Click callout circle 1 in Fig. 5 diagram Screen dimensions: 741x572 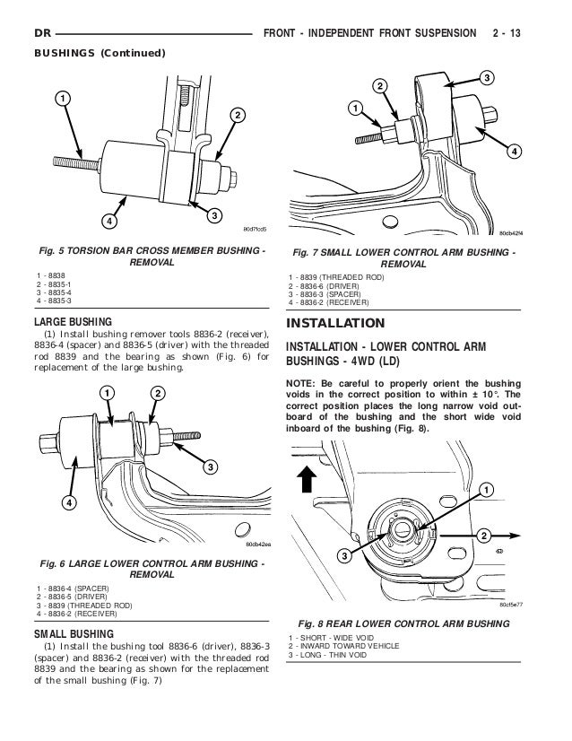coord(63,97)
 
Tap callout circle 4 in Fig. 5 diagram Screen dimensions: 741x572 coord(108,221)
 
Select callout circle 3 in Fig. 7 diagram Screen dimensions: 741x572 coord(487,79)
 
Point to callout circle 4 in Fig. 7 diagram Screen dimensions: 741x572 coord(514,152)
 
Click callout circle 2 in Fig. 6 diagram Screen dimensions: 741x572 coord(156,394)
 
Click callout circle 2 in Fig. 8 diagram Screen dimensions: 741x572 coord(485,536)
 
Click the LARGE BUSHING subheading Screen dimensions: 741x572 coord(73,320)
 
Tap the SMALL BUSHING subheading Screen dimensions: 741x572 coord(73,633)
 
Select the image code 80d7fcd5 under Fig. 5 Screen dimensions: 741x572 coord(250,229)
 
